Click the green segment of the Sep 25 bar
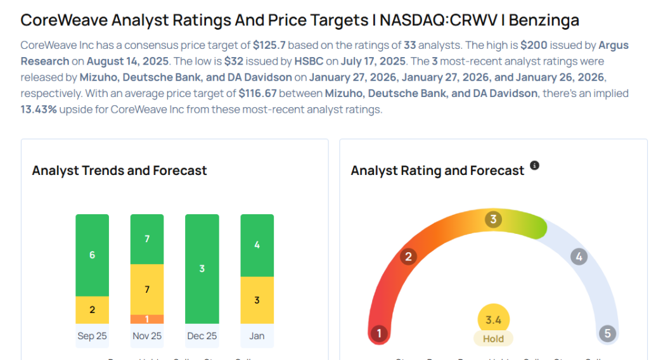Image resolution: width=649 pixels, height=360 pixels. point(92,255)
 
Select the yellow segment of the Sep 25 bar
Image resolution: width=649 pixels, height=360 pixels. point(92,310)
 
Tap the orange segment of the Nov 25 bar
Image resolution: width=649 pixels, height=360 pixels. point(147,319)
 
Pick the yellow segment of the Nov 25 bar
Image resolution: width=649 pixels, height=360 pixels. point(147,289)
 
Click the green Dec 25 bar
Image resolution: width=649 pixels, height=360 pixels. point(202,269)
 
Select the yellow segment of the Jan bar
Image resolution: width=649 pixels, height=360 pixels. point(257,300)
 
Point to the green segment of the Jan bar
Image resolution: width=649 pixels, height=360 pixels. point(257,245)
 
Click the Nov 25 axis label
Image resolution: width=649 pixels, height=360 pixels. point(147,336)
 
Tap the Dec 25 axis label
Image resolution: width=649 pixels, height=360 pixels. point(202,336)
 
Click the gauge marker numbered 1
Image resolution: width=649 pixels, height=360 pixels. point(379,333)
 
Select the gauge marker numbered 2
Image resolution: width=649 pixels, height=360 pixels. point(409,257)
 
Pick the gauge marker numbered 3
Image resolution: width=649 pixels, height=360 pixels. point(493,220)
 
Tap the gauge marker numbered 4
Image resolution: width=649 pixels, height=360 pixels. point(578,257)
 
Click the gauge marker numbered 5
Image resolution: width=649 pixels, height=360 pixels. point(607,333)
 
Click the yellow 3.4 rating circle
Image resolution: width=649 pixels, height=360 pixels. point(493,320)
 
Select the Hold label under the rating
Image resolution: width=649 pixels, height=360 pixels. point(493,338)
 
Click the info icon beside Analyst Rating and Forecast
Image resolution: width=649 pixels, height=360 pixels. point(534,165)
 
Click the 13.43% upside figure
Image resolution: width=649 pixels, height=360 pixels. point(41,109)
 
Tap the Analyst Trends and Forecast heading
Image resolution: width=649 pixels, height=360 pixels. point(119,170)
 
